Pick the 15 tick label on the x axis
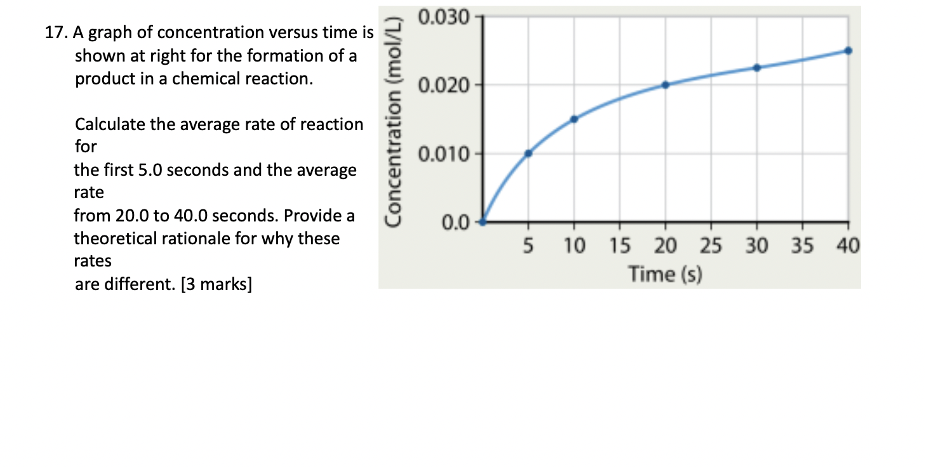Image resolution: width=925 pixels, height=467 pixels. point(620,246)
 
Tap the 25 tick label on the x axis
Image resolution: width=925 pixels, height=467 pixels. point(711,246)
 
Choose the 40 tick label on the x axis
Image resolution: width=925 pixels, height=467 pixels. point(848,246)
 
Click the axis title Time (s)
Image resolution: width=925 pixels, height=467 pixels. point(665,274)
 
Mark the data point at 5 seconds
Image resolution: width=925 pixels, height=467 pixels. point(528,153)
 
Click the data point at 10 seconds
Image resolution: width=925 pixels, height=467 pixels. point(574,119)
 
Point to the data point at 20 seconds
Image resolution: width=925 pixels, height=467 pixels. point(665,84)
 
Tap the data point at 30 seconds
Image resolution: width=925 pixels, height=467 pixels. point(757,67)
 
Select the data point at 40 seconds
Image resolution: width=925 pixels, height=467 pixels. point(848,50)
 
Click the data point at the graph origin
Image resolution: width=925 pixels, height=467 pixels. point(482,221)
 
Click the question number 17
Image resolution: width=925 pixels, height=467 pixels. point(56,32)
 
